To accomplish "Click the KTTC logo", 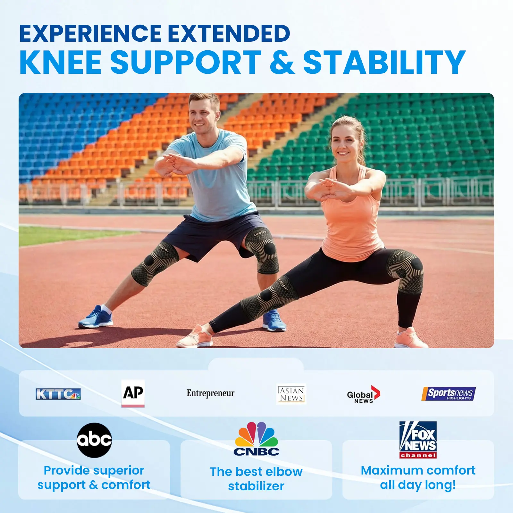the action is coord(58,394).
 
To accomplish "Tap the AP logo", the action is coord(133,393).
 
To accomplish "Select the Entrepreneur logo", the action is coord(211,393).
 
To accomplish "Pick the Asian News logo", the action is coord(291,394).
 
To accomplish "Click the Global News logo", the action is coord(364,394).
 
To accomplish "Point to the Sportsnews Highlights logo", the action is coord(449,394).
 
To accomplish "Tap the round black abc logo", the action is coord(94,440).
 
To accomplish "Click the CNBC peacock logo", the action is coord(256,439).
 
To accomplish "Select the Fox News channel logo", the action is coord(418,440).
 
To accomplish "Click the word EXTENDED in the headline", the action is coord(229,33).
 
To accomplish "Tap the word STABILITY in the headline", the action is coord(384,62).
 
